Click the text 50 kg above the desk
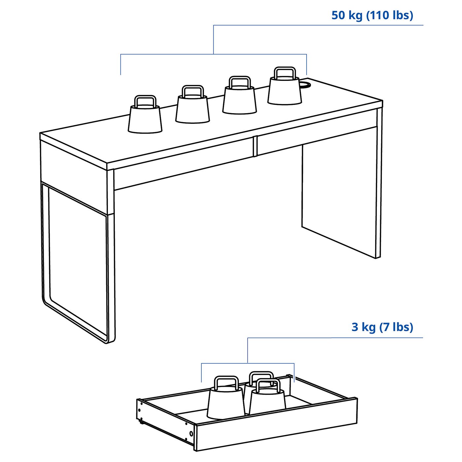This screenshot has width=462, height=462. [347, 16]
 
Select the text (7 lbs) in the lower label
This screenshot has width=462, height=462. [396, 327]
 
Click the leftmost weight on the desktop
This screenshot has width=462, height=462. [145, 119]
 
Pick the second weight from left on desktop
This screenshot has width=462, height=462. [192, 109]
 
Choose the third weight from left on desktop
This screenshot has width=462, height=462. [240, 100]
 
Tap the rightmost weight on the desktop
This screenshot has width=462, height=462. [284, 90]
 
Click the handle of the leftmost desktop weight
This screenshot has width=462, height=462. [145, 101]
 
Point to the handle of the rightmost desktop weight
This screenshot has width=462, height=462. [285, 72]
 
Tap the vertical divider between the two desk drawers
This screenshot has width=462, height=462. [255, 146]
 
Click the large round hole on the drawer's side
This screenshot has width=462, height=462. [191, 433]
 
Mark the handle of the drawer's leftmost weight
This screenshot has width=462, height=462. [226, 382]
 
